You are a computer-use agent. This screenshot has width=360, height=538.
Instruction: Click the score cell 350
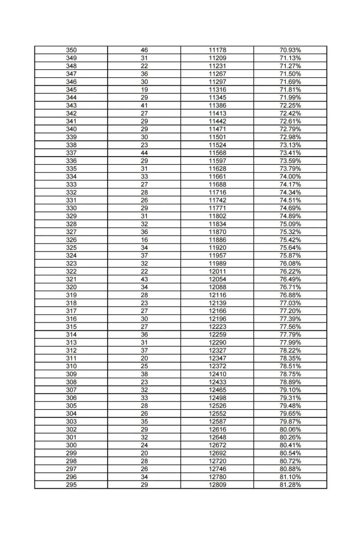pyautogui.click(x=71, y=50)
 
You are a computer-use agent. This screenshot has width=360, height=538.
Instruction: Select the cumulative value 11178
pyautogui.click(x=217, y=50)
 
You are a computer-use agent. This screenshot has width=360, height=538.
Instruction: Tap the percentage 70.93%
pyautogui.click(x=290, y=50)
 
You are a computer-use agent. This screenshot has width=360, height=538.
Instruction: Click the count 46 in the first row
pyautogui.click(x=144, y=50)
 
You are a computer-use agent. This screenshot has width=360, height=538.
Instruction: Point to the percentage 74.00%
pyautogui.click(x=290, y=176)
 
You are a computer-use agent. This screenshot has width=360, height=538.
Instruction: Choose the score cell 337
pyautogui.click(x=71, y=153)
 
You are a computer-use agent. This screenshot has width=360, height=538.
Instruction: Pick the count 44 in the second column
pyautogui.click(x=144, y=153)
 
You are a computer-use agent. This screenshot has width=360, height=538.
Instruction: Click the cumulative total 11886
pyautogui.click(x=217, y=240)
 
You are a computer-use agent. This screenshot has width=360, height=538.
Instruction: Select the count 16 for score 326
pyautogui.click(x=144, y=240)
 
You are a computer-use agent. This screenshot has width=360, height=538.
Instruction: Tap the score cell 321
pyautogui.click(x=71, y=279)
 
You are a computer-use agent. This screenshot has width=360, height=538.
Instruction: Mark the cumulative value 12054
pyautogui.click(x=217, y=279)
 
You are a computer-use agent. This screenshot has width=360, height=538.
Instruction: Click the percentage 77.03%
pyautogui.click(x=290, y=303)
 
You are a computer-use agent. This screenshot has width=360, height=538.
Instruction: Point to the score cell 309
pyautogui.click(x=71, y=374)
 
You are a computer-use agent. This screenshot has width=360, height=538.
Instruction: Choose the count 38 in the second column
pyautogui.click(x=144, y=374)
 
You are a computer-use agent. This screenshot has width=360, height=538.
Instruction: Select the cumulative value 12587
pyautogui.click(x=217, y=421)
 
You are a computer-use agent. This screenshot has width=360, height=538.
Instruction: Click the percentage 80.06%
pyautogui.click(x=290, y=429)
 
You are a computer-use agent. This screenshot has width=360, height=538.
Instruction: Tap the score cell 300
pyautogui.click(x=71, y=445)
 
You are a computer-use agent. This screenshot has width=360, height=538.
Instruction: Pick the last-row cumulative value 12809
pyautogui.click(x=217, y=485)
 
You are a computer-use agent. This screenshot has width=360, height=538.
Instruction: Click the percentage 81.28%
pyautogui.click(x=290, y=485)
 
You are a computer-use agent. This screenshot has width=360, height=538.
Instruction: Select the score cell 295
pyautogui.click(x=71, y=485)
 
